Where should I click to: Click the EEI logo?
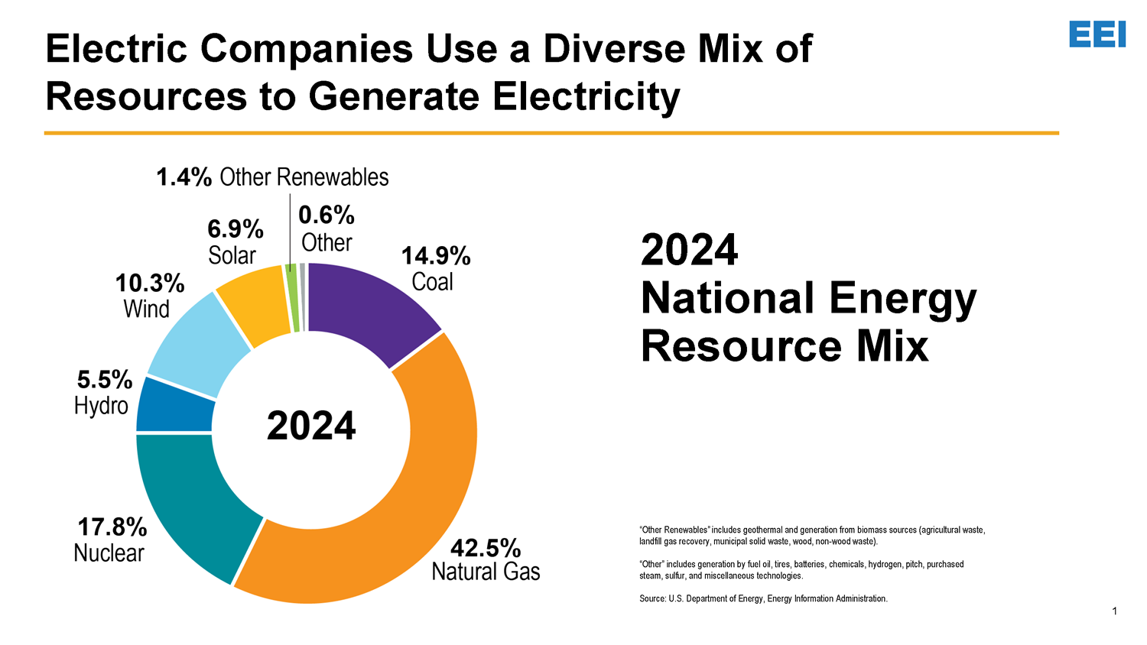tap(1097, 34)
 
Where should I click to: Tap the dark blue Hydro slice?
tap(174, 404)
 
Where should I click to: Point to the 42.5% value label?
tap(486, 547)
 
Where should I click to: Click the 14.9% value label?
tap(436, 256)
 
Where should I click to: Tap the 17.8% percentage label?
tap(112, 527)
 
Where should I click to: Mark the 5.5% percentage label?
tap(105, 379)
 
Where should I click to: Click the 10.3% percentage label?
tap(150, 284)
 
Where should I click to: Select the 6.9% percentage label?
tap(236, 229)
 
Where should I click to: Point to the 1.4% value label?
tap(184, 177)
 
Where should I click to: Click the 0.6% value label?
tap(327, 216)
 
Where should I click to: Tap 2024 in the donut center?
tap(311, 426)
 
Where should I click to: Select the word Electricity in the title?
tap(586, 96)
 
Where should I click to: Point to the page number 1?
tap(1115, 611)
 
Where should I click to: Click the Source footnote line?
tap(763, 598)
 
